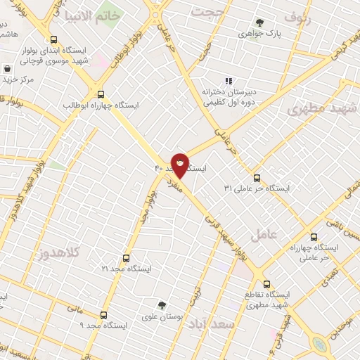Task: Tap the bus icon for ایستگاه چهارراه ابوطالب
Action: (101, 94)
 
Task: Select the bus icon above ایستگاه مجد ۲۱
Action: (127, 258)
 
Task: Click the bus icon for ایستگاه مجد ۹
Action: (104, 315)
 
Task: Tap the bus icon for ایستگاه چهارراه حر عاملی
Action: (314, 237)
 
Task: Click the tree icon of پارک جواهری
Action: (260, 22)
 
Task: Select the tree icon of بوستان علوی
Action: (162, 306)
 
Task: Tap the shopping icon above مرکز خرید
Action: (7, 69)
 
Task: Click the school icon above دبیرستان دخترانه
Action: (227, 80)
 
